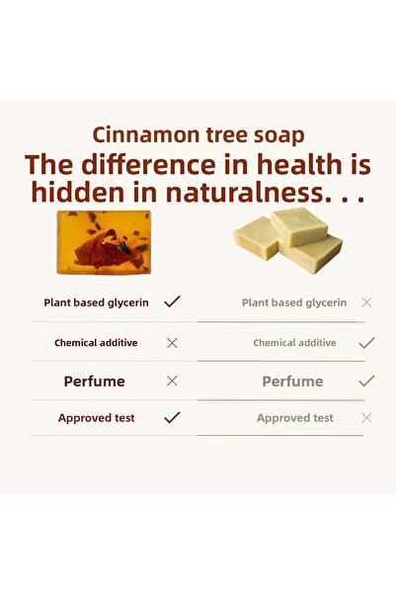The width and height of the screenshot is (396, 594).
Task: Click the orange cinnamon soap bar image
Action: (x=104, y=242)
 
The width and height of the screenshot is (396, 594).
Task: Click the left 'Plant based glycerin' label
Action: (x=96, y=302)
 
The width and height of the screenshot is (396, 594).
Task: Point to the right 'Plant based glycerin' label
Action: (x=294, y=302)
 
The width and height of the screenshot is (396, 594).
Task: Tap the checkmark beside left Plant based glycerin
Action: (x=172, y=301)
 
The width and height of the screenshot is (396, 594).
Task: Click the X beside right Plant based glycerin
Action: (x=366, y=302)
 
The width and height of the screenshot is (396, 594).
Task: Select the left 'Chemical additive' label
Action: (x=96, y=343)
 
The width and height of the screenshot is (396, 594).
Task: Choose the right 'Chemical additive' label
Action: (x=294, y=343)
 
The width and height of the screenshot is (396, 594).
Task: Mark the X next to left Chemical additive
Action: (x=172, y=343)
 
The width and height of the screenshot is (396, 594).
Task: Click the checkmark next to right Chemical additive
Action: (x=366, y=342)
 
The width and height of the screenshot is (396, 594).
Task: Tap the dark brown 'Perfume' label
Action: (x=95, y=381)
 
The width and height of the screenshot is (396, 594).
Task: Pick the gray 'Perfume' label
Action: (x=292, y=381)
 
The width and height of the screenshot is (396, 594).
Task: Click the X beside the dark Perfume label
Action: (x=172, y=381)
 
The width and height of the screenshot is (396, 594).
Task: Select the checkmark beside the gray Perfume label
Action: (x=366, y=380)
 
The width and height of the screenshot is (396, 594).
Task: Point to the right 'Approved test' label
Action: (x=295, y=418)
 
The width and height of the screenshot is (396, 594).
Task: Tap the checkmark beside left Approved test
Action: (x=172, y=417)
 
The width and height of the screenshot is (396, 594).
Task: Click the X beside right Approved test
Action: (x=366, y=418)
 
